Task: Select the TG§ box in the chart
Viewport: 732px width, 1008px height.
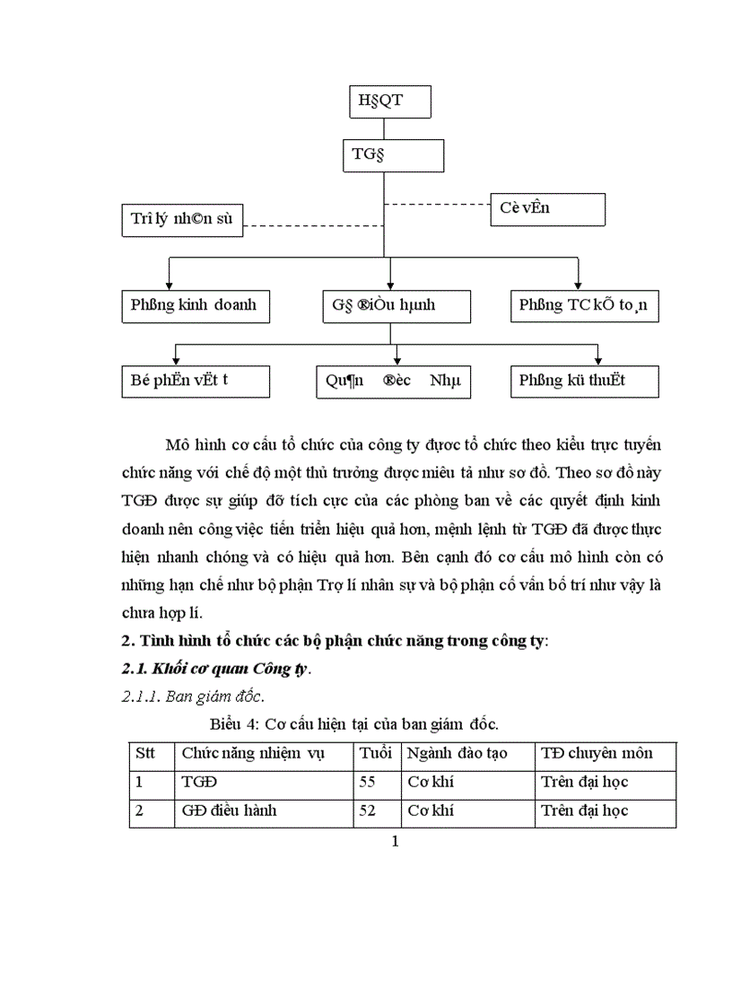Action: [392, 155]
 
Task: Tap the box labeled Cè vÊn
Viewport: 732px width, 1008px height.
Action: [547, 209]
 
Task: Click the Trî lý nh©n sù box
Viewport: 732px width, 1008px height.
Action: [182, 221]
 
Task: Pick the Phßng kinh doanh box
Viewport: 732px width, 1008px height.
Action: [195, 305]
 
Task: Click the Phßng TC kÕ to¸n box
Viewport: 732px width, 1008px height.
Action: [585, 305]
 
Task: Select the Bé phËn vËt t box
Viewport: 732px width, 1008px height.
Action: [195, 381]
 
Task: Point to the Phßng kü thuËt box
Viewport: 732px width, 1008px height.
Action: [585, 381]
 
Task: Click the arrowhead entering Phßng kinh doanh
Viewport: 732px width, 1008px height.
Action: [170, 283]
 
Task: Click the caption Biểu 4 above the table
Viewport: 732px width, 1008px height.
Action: [354, 723]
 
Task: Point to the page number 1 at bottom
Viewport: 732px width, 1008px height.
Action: [395, 841]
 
